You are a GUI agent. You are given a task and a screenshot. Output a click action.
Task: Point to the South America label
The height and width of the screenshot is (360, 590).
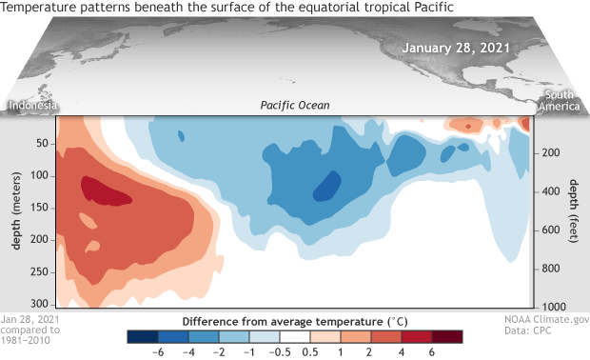point(561,101)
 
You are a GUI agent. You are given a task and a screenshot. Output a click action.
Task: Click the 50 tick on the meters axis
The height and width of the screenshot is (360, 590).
point(42,144)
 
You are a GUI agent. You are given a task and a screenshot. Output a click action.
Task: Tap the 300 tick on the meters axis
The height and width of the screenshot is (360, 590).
point(39,302)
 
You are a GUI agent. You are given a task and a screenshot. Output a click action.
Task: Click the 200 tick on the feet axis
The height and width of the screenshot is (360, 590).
point(549,152)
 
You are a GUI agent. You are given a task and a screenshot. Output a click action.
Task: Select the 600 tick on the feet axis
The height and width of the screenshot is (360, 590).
point(549,230)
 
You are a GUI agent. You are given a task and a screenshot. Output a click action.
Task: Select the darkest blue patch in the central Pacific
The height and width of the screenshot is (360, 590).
point(327,185)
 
